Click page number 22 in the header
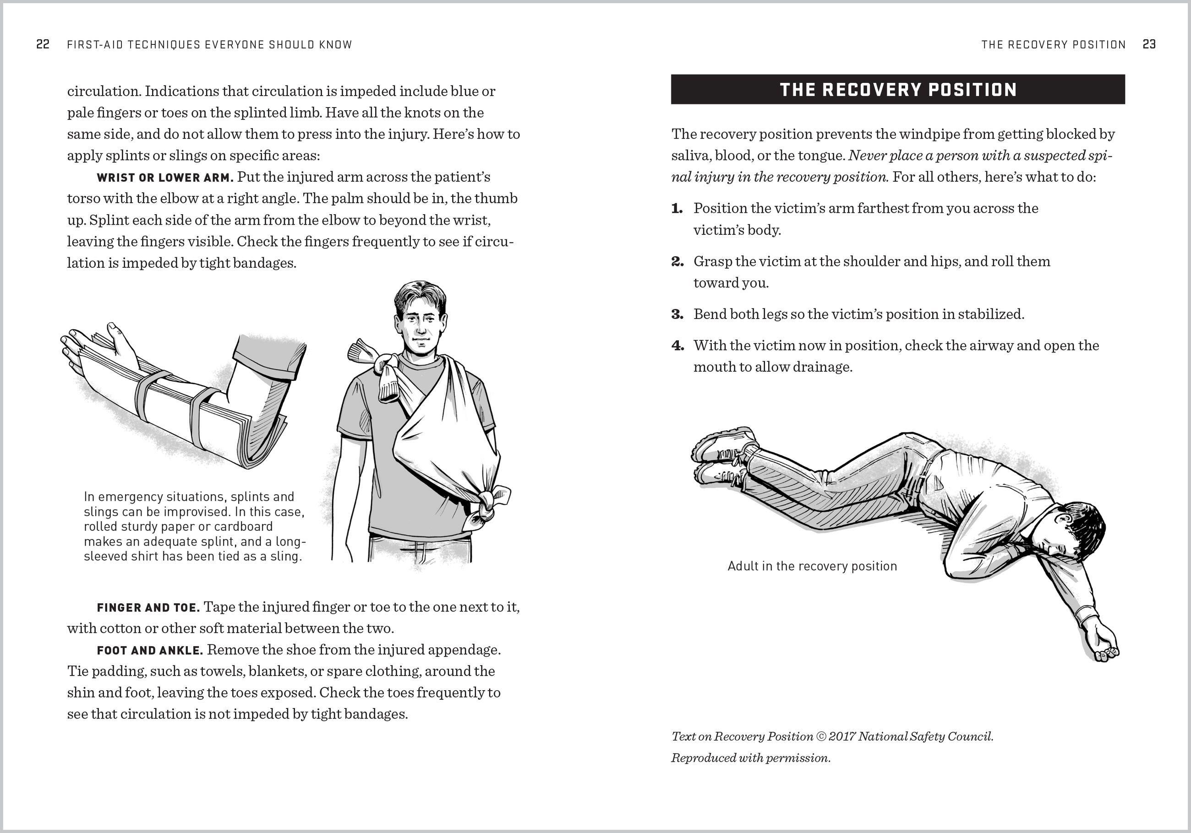[43, 44]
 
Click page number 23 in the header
[1149, 44]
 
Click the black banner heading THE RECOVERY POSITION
[897, 90]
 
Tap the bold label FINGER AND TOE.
[148, 607]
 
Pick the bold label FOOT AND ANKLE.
[150, 650]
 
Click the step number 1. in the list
[677, 208]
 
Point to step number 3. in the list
[677, 314]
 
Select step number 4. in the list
[677, 346]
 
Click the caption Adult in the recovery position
[812, 566]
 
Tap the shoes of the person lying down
[721, 456]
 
